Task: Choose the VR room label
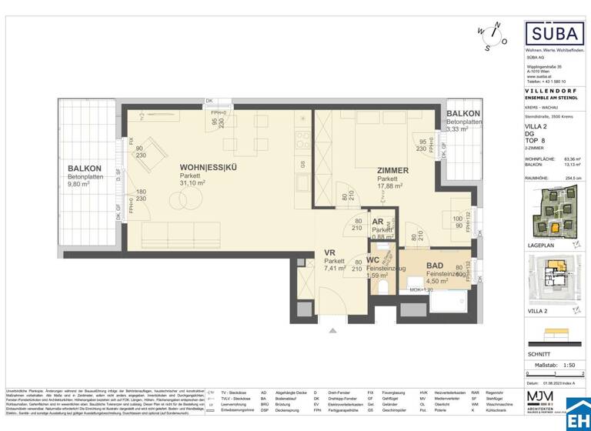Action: [329, 252]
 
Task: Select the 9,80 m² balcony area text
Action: [84, 185]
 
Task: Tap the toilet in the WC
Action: [382, 287]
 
